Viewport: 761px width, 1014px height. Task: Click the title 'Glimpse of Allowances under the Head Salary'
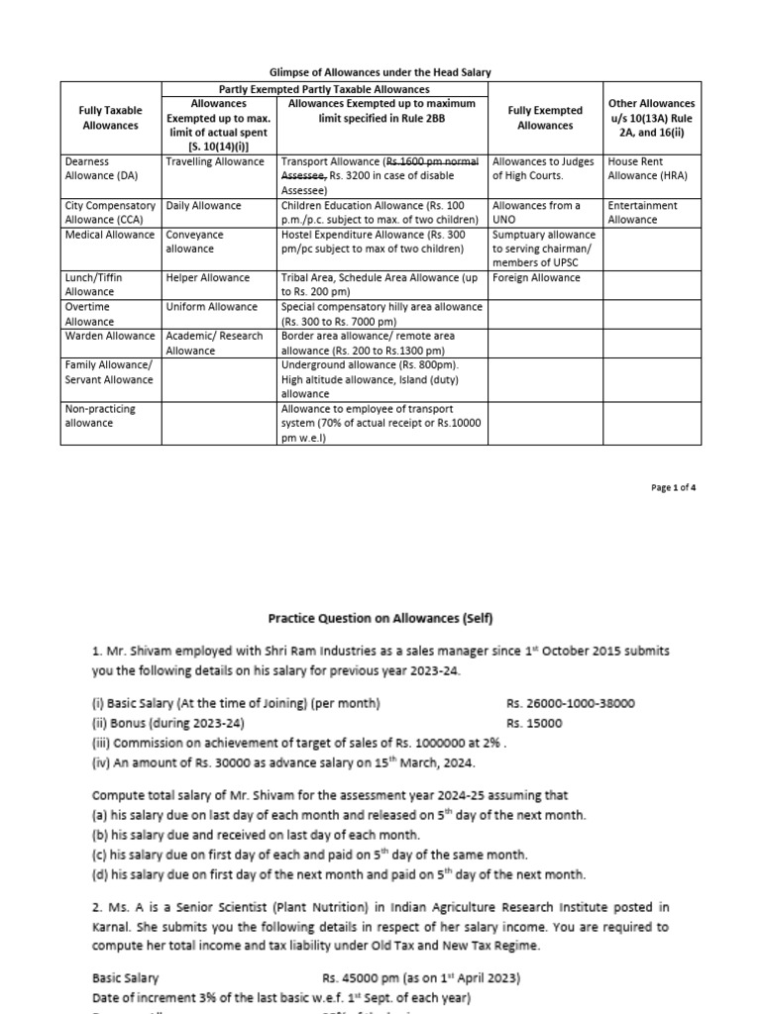pos(381,72)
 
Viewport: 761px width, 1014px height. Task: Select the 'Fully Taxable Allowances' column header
pos(110,118)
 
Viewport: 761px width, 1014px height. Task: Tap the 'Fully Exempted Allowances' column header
pos(545,118)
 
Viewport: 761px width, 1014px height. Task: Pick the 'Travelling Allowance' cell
pos(215,161)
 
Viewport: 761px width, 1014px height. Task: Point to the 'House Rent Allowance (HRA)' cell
pos(649,167)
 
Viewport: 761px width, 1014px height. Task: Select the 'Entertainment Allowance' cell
pos(642,212)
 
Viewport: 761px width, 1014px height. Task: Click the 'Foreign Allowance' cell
pos(536,278)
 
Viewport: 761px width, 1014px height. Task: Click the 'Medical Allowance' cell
pos(109,235)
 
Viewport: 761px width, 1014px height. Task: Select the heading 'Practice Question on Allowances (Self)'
pos(380,618)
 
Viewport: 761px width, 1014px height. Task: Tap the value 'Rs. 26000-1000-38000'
pos(571,703)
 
